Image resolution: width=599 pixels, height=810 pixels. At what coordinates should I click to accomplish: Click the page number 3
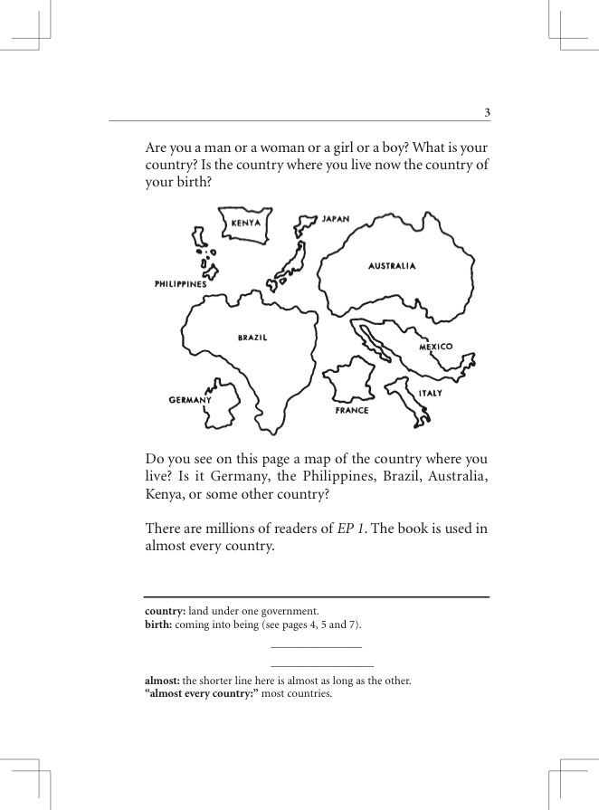[487, 112]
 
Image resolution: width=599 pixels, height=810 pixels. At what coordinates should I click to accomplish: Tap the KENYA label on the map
[245, 223]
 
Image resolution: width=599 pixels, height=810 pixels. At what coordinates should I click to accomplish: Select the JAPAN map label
[336, 219]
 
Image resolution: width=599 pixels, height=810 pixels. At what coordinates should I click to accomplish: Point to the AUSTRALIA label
[392, 266]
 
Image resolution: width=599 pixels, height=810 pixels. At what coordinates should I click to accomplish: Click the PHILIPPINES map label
[181, 284]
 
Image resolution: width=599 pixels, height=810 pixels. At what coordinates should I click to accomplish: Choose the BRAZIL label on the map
[252, 338]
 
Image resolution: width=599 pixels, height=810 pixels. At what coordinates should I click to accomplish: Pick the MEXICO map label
[435, 347]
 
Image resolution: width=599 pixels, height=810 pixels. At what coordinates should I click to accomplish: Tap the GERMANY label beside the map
[190, 399]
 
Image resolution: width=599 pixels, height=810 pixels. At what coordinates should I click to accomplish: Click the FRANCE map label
[352, 411]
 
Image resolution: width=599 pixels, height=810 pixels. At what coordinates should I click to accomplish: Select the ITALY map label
[430, 394]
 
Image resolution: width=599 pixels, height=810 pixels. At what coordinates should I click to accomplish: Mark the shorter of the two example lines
[316, 647]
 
